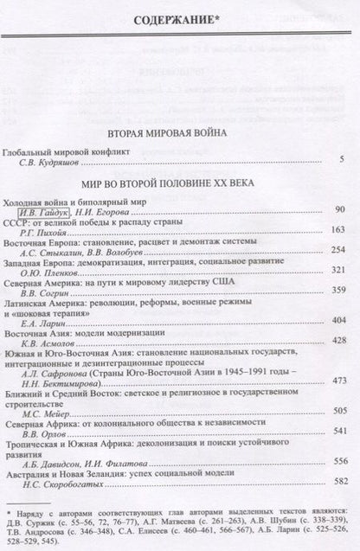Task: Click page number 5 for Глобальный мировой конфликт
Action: click(344, 158)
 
